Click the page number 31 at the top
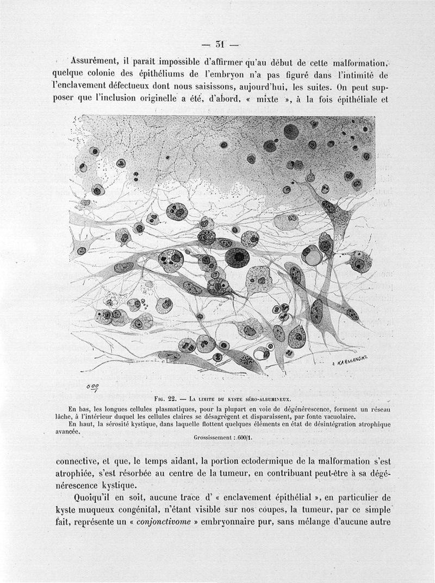pos(220,44)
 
